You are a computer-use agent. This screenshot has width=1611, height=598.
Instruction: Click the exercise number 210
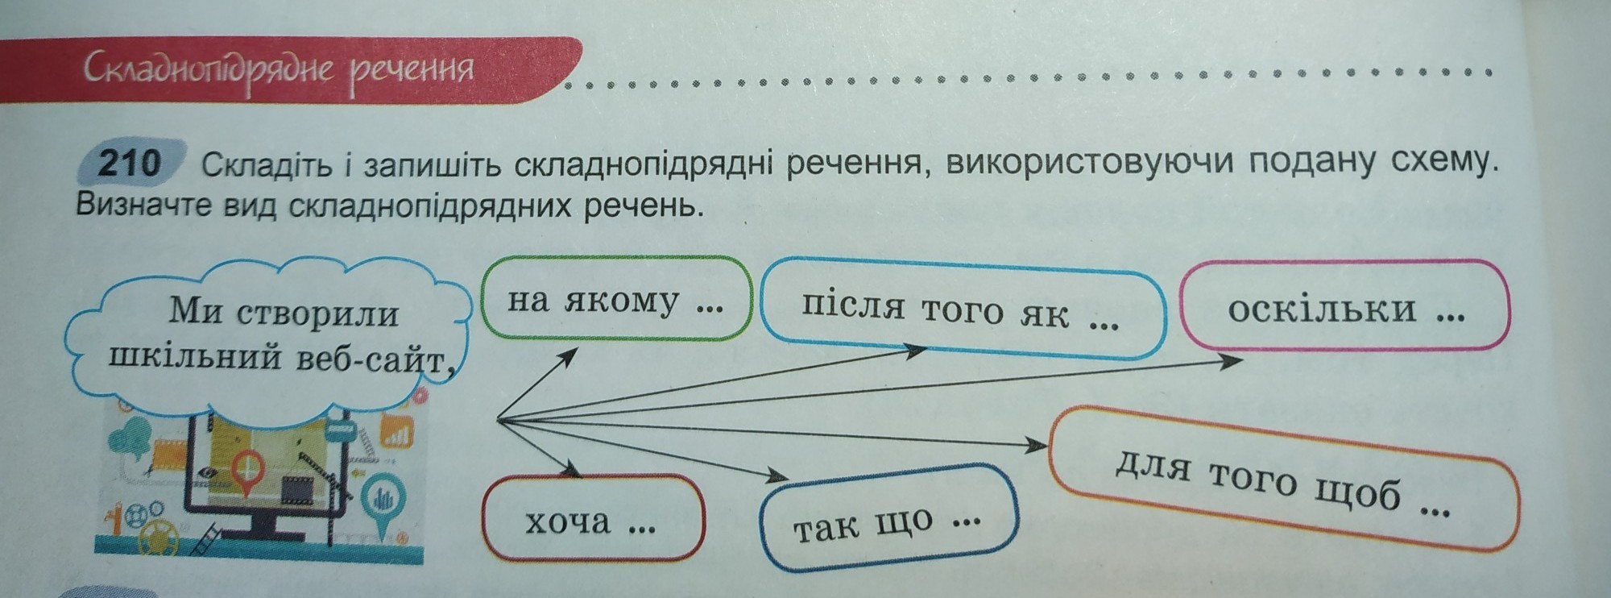click(x=129, y=164)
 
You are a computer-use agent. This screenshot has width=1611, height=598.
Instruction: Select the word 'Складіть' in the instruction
click(x=266, y=166)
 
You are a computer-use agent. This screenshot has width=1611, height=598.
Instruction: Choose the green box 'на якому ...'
click(x=615, y=300)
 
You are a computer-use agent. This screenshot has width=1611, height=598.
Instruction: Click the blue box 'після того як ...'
click(x=960, y=309)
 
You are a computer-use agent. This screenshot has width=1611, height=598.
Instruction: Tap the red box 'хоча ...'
click(x=591, y=521)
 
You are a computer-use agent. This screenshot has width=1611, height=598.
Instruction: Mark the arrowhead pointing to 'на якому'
click(x=569, y=355)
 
